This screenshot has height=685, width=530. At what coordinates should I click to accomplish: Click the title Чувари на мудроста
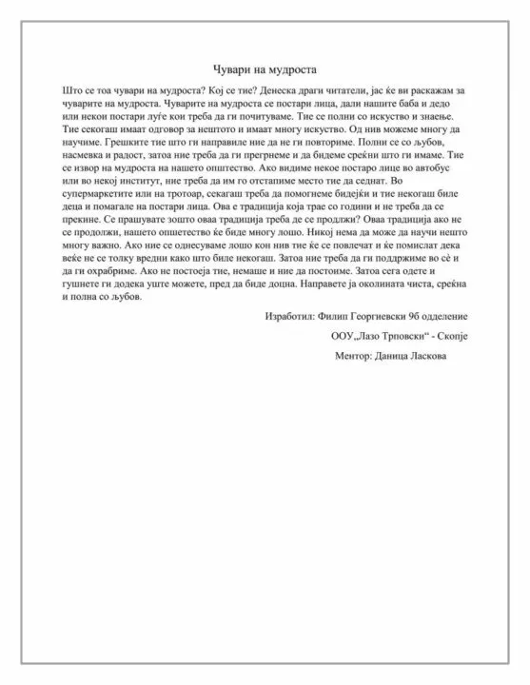click(264, 69)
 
